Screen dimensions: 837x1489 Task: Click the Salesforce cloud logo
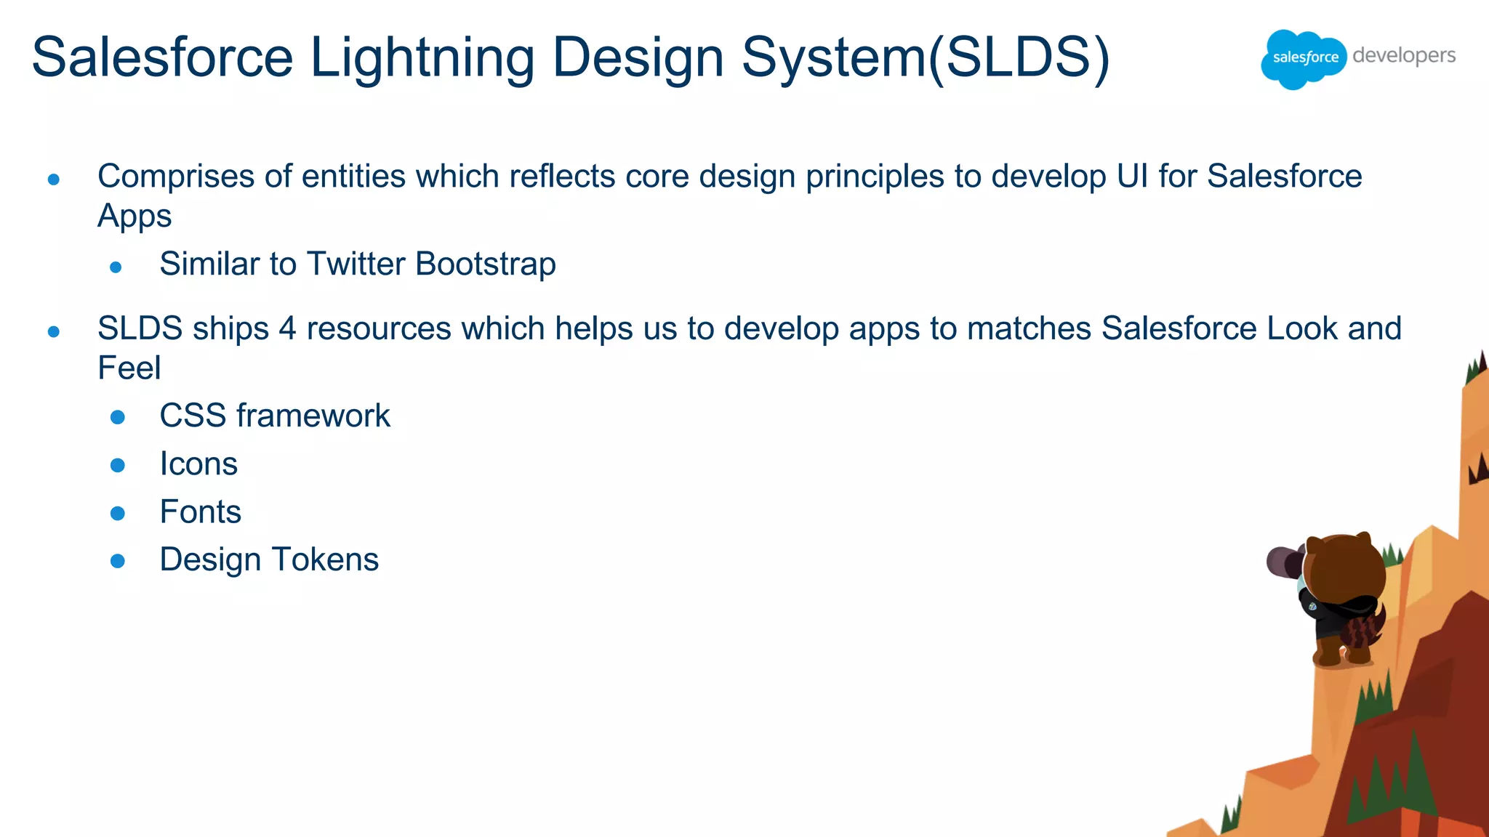coord(1304,58)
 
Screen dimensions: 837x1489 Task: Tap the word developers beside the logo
coord(1404,56)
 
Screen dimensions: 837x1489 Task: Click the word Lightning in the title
coord(422,58)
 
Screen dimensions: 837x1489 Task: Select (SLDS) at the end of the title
coord(1019,58)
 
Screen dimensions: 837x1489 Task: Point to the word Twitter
coord(356,264)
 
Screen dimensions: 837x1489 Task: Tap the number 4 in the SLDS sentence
coord(287,328)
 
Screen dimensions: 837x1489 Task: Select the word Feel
coord(129,368)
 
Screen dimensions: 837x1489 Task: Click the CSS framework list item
coord(275,416)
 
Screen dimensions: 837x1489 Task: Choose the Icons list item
coord(198,464)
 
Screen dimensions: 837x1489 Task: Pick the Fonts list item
coord(200,512)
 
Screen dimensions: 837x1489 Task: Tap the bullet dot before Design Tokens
coord(118,561)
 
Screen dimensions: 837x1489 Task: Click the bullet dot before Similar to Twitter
coord(116,267)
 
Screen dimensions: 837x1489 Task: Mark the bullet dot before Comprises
coord(53,179)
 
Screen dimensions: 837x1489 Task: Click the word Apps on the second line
coord(135,217)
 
